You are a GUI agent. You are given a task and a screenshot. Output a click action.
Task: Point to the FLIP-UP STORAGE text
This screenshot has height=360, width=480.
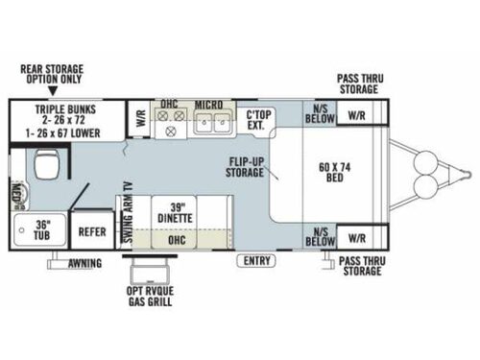click(247, 167)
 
